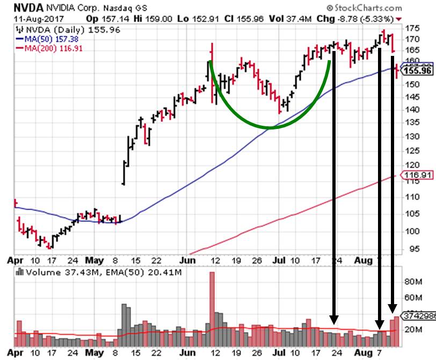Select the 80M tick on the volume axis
[x=412, y=281]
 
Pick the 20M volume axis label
[x=412, y=329]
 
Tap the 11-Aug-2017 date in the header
[x=28, y=18]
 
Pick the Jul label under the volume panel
[x=280, y=353]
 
